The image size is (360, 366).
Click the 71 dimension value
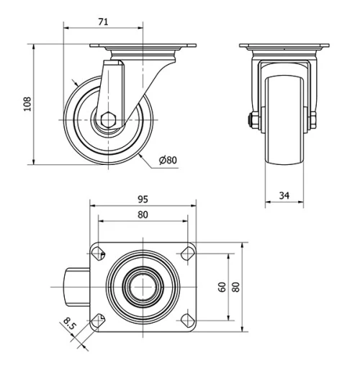[103, 22]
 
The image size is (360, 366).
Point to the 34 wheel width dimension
[284, 195]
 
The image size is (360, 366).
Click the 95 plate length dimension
[143, 200]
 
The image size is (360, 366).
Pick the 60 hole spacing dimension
[222, 286]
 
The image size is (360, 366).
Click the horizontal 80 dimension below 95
[143, 214]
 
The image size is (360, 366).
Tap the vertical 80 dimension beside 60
[235, 286]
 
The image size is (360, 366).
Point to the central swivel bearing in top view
[143, 286]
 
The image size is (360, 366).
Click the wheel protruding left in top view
[76, 286]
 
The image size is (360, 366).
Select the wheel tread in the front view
[284, 122]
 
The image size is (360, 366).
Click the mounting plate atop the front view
[284, 48]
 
